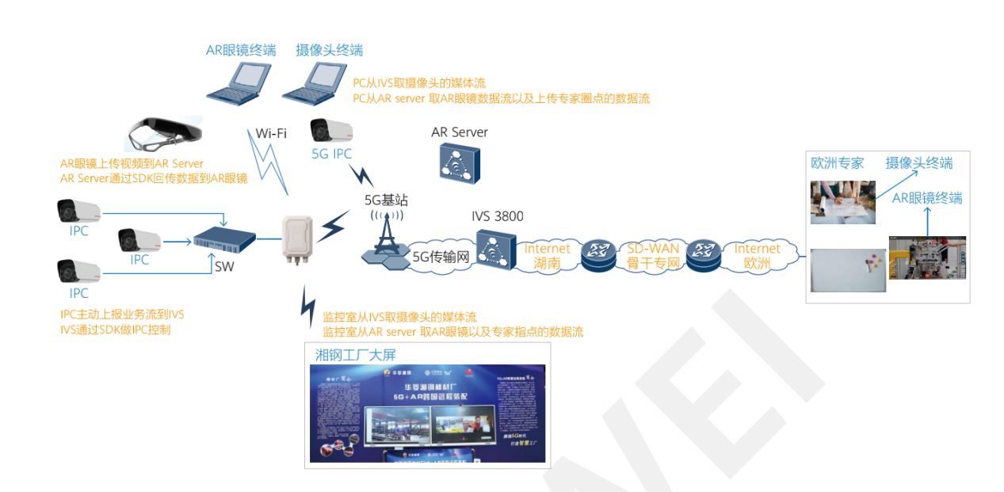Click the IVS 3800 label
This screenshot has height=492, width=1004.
(x=497, y=215)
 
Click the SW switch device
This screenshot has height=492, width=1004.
(x=225, y=236)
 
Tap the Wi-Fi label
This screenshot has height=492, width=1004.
(x=271, y=133)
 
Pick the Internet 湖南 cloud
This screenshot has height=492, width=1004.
(x=547, y=255)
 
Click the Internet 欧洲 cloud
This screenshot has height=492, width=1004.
(x=757, y=255)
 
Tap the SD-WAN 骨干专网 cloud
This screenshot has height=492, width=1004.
(x=653, y=255)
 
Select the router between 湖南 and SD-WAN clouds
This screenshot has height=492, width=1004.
(x=598, y=254)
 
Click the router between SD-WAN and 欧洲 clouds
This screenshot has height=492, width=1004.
(x=702, y=254)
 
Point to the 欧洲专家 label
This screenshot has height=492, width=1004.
(x=837, y=163)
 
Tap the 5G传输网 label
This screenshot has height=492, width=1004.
(x=441, y=256)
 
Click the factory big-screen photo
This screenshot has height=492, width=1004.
(x=427, y=413)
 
